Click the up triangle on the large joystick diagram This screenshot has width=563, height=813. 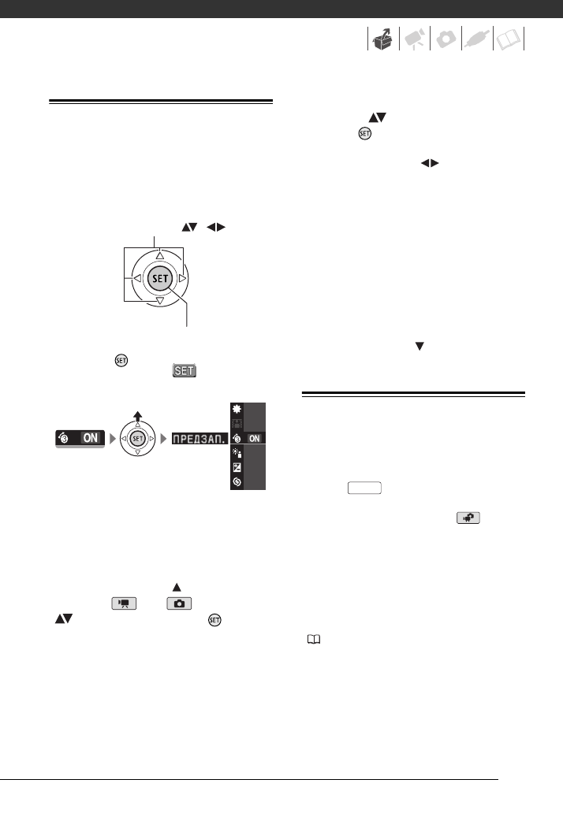[159, 254]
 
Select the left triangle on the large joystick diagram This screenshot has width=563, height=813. [136, 278]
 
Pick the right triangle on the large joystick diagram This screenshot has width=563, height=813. [183, 278]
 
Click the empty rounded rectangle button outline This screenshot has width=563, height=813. [361, 488]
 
